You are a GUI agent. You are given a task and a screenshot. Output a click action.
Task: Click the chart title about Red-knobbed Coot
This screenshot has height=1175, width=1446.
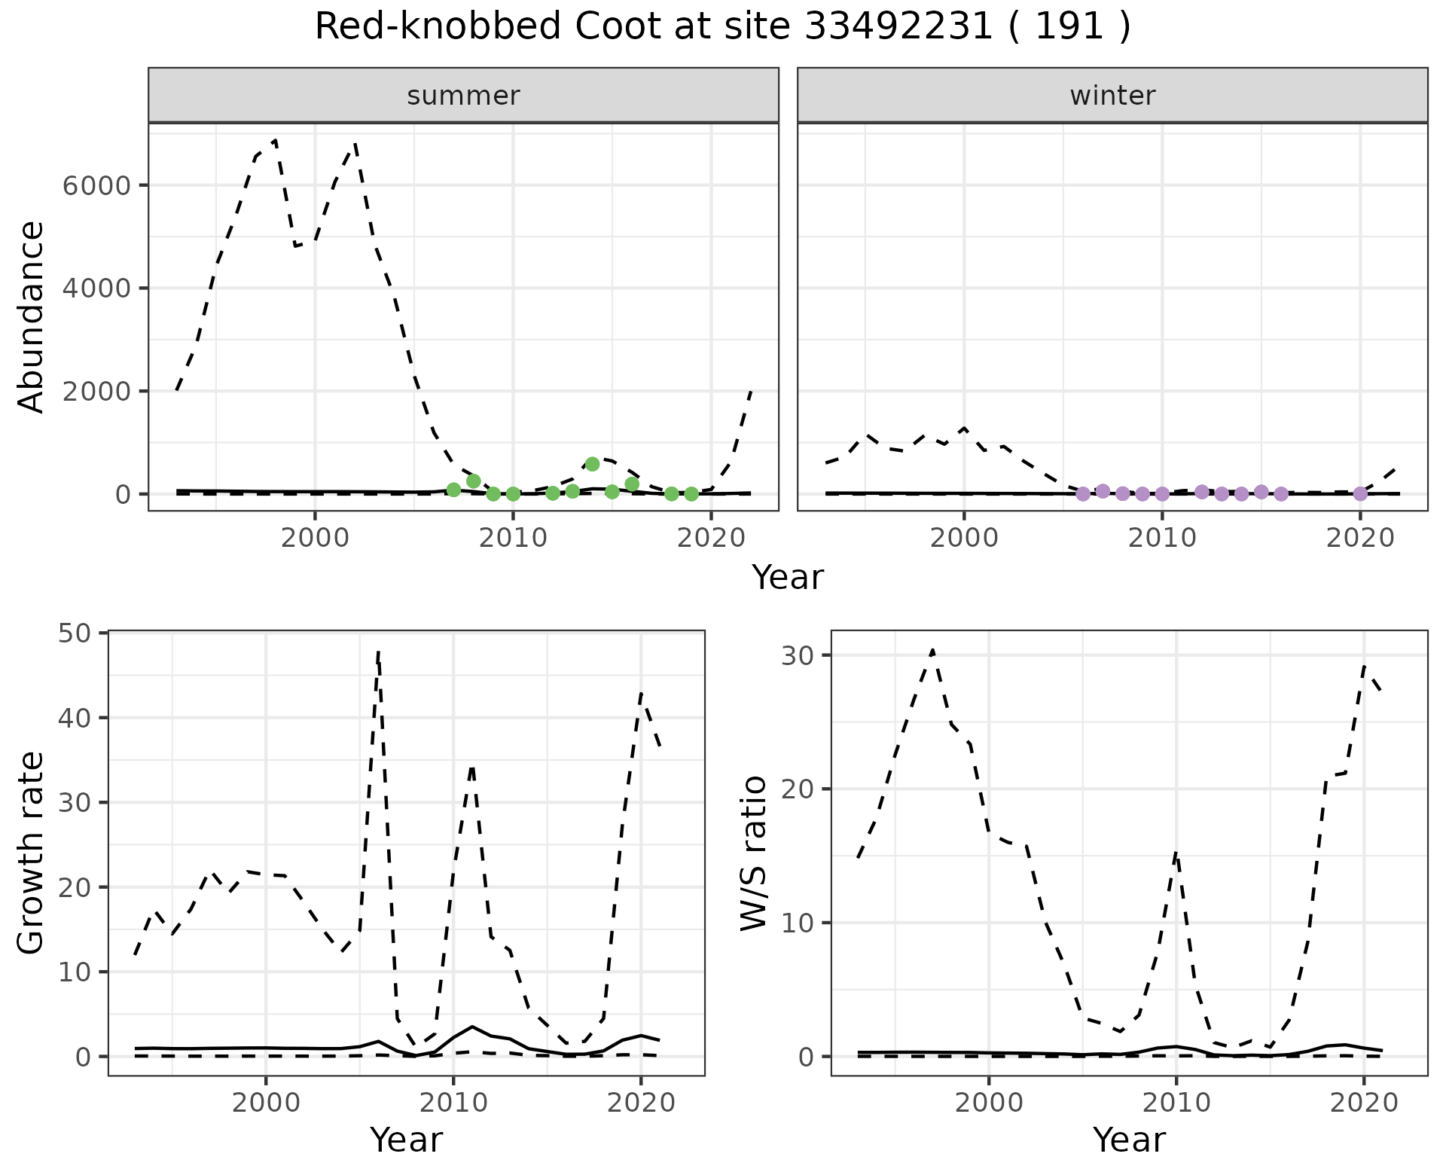(722, 27)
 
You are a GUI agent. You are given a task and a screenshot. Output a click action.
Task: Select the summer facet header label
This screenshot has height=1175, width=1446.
(463, 96)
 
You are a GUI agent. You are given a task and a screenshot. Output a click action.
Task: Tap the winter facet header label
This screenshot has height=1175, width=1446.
(1112, 96)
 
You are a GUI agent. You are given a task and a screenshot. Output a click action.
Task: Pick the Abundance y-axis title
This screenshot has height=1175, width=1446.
(32, 316)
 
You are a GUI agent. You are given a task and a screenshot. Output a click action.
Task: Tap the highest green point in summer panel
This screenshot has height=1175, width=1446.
(592, 464)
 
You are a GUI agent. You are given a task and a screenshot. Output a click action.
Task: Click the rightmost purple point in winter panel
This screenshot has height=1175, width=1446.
(1360, 493)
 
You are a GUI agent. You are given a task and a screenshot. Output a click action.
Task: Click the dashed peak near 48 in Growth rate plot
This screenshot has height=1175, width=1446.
(378, 652)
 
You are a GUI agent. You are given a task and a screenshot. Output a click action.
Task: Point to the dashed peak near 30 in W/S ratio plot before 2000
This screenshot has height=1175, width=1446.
(932, 650)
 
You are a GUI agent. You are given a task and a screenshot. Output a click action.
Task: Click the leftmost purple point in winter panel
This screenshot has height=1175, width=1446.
(1083, 494)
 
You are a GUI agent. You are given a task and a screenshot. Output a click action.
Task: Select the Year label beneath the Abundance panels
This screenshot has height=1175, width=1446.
(788, 578)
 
